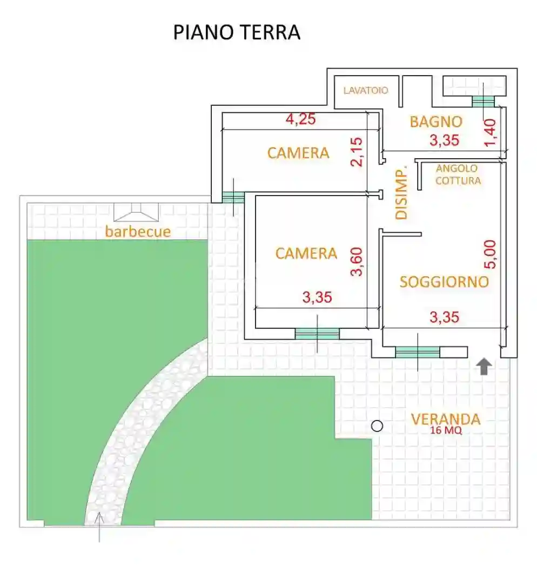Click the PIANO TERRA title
(x=236, y=32)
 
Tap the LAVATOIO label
(x=366, y=91)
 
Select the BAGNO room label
(x=436, y=122)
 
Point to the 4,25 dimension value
(x=300, y=119)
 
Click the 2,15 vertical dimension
(x=357, y=152)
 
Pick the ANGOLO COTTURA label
(x=458, y=174)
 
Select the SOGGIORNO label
(x=444, y=281)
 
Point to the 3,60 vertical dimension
(x=357, y=261)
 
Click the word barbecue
(x=138, y=232)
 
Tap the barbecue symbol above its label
(x=137, y=212)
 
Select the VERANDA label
(x=446, y=419)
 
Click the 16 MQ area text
(x=446, y=431)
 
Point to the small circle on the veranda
(x=377, y=426)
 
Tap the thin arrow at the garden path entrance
(x=99, y=526)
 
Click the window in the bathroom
(x=483, y=102)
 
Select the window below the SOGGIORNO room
(x=417, y=352)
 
